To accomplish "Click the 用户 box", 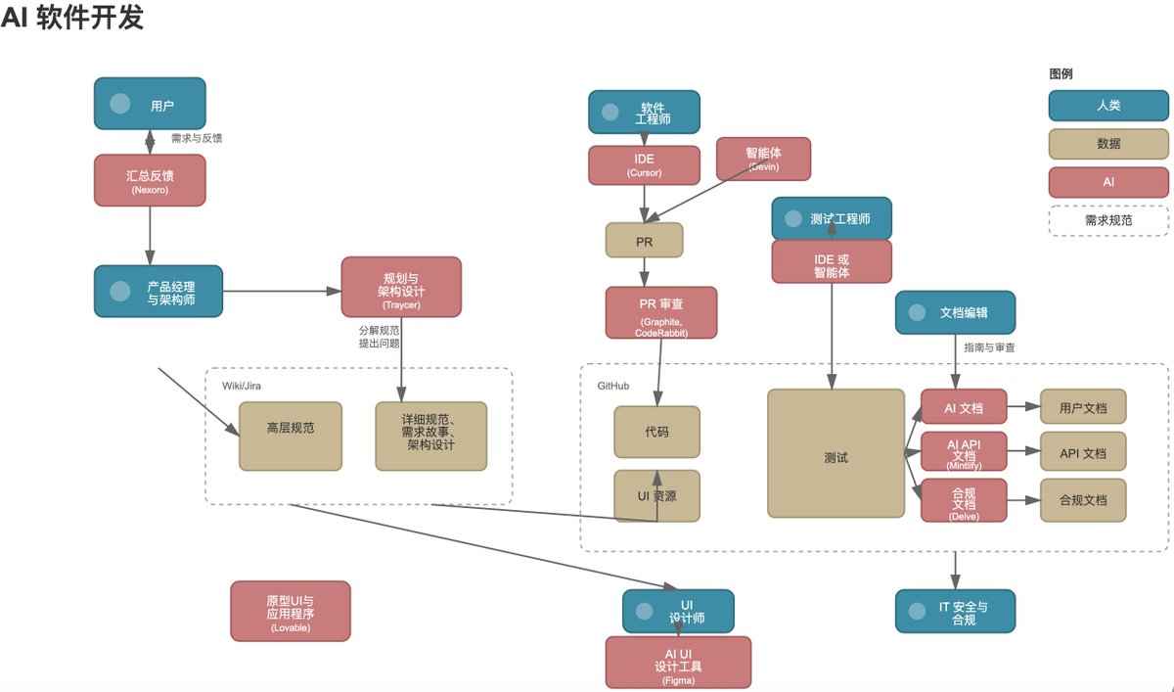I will coord(150,104).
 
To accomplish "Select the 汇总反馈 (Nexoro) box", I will coord(150,179).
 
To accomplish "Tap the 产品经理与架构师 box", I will coord(158,291).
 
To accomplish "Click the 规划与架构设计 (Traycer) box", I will coord(401,287).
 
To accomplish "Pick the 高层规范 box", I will coord(291,436).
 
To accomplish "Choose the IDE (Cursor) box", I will coord(644,164).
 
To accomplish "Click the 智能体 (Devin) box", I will coord(764,159).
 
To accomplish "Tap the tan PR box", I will coord(644,240).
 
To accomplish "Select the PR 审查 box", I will coord(661,313).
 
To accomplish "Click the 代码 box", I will coord(657,432).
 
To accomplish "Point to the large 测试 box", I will coord(835,453).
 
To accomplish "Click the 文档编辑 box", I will coord(955,312).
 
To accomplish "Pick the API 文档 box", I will coord(1082,453).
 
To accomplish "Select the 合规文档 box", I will coord(1082,499).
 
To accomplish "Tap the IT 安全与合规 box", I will coord(955,611).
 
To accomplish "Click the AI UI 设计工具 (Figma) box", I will coord(678,663).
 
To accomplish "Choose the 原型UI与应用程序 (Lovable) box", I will coord(291,612).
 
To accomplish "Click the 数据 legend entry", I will coord(1108,144).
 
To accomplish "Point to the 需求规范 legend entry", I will coord(1108,220).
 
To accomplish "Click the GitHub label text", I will coord(613,387).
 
